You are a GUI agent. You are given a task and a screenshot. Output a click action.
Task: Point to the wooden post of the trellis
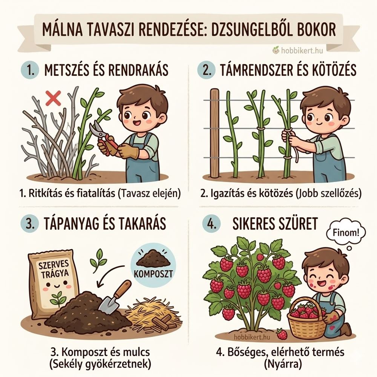tap(215, 133)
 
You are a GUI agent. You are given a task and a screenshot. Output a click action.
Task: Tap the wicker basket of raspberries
tap(307, 319)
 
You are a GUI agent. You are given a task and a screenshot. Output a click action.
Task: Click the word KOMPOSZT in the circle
tap(153, 272)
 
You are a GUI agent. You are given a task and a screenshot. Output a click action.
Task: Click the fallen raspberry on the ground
tap(282, 334)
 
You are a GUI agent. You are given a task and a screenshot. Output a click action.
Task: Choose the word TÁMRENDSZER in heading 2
tap(256, 70)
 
